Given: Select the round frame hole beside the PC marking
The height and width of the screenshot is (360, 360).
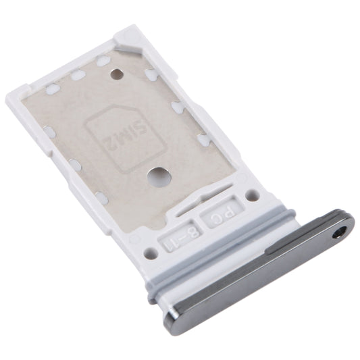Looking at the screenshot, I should point(252,196).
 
